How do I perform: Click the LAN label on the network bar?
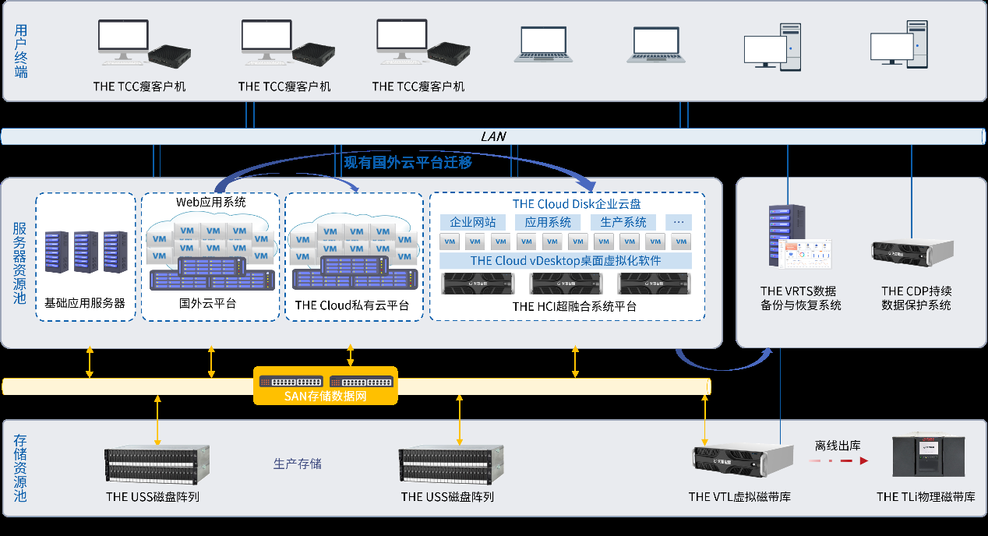tap(493, 136)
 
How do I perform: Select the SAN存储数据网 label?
tap(326, 397)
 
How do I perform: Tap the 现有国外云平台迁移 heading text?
tap(408, 163)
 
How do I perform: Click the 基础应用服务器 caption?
tap(85, 303)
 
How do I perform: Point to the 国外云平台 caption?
tap(207, 303)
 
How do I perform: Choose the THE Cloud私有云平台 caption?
tap(352, 305)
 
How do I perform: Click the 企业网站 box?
tap(472, 222)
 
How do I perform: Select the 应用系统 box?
tap(548, 222)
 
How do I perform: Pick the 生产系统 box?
tap(623, 222)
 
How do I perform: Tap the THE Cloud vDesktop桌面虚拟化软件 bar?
tap(566, 261)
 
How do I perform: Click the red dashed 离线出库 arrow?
tap(838, 461)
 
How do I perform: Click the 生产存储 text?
tap(297, 464)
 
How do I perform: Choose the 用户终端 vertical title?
tap(21, 51)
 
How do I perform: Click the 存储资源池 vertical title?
tap(21, 468)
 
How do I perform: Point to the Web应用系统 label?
tap(210, 202)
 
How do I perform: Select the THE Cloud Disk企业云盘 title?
tap(577, 204)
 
